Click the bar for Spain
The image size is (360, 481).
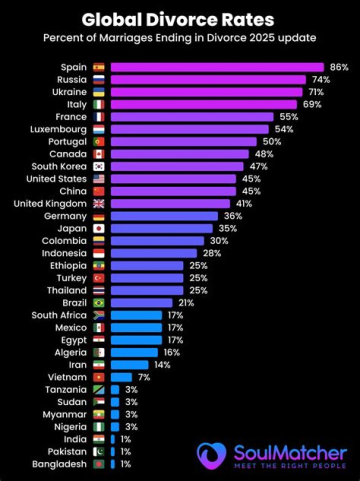tap(217, 67)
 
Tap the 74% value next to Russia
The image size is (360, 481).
tap(320, 79)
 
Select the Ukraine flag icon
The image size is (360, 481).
tap(98, 92)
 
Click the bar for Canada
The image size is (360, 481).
tap(179, 154)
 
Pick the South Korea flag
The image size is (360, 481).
tap(98, 166)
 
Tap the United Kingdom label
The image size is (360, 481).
tap(50, 203)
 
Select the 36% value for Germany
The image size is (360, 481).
tap(232, 216)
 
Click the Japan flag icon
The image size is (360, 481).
tap(98, 228)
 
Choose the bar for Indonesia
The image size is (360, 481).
tap(153, 253)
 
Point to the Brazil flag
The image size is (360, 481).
tap(98, 302)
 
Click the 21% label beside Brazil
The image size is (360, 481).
tap(186, 302)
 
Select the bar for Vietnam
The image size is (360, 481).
tap(121, 377)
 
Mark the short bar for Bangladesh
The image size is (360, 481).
tap(112, 464)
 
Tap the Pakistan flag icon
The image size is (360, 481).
tap(98, 451)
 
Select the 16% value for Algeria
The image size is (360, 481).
tap(171, 352)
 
